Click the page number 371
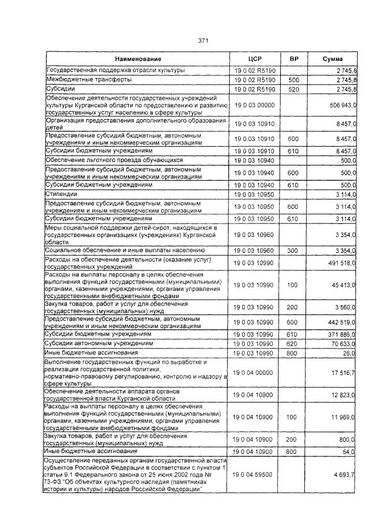coord(204,40)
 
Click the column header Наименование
coord(138,59)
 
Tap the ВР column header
coord(294,59)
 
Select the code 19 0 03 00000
coord(254,104)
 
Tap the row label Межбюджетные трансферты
coord(82,79)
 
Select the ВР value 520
coord(294,89)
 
